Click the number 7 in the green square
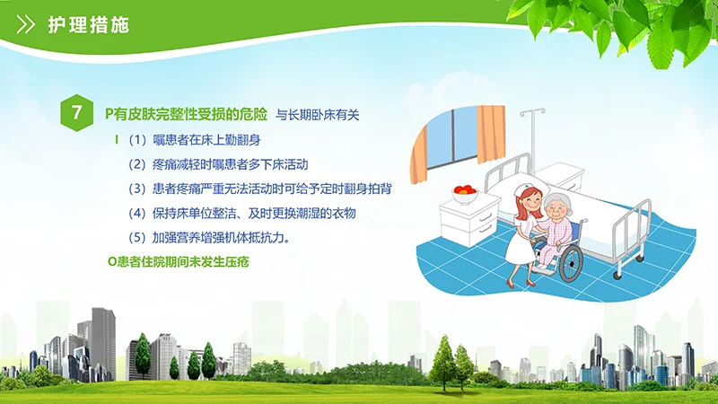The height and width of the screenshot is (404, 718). [x=77, y=113]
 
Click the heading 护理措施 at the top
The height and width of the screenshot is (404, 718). [x=88, y=25]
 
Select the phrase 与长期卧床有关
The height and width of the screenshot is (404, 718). [x=317, y=114]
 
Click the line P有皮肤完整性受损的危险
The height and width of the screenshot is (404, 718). [x=186, y=114]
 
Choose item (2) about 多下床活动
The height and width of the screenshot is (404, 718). [x=218, y=164]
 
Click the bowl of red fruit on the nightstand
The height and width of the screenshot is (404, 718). [x=465, y=192]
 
